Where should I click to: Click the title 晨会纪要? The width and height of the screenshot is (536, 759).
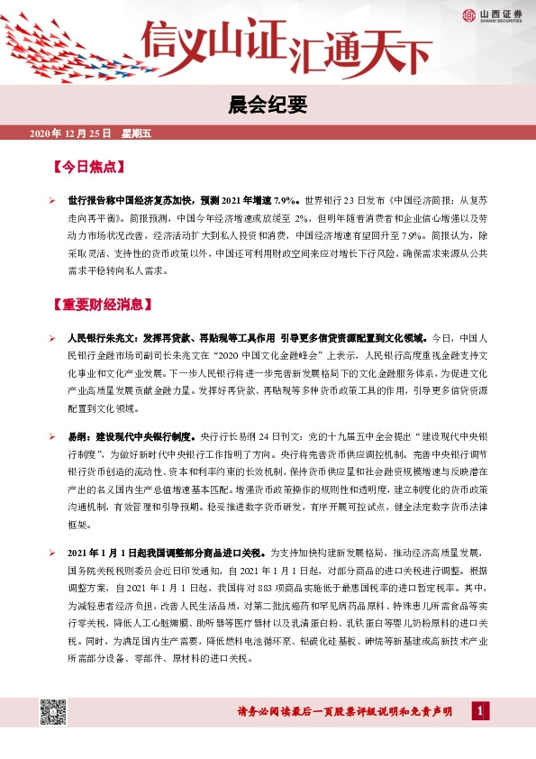[x=268, y=105]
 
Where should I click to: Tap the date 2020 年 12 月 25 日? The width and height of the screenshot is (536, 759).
[x=70, y=133]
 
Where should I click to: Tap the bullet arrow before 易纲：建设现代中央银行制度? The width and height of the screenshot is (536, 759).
[x=53, y=436]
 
